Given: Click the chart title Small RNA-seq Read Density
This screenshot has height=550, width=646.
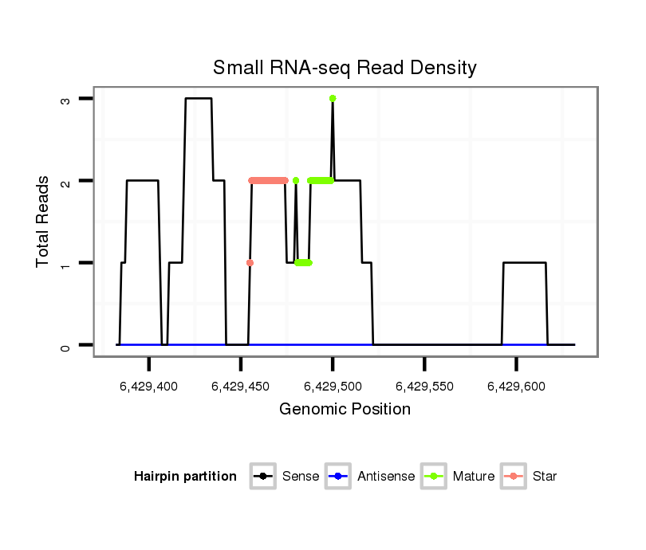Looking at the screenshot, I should [345, 68].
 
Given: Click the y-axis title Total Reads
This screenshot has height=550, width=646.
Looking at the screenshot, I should [43, 222].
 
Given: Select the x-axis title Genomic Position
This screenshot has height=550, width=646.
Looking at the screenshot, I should [345, 410].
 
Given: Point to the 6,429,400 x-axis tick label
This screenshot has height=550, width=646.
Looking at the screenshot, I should [149, 387].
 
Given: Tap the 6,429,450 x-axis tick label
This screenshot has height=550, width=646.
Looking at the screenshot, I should [241, 387].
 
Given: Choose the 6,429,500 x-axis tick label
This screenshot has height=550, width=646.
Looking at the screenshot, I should [333, 387].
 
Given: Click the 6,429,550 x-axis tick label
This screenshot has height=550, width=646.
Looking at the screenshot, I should [424, 387].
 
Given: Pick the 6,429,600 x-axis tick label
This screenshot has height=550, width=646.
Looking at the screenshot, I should [516, 387].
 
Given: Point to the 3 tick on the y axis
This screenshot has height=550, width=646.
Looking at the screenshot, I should [67, 99].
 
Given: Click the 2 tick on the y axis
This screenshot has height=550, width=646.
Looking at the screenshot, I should [67, 181].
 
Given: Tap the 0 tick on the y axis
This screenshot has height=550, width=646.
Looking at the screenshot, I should [67, 346].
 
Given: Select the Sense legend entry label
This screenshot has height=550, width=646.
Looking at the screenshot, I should [301, 477].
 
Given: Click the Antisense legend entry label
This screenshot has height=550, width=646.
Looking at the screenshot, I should [386, 477].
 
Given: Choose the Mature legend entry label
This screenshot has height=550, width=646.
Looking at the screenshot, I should [474, 477].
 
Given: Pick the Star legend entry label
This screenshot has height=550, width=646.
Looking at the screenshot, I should [546, 477].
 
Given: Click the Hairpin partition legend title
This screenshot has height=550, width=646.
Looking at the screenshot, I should [185, 477].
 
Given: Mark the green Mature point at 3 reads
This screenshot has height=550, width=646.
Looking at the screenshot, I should [333, 98].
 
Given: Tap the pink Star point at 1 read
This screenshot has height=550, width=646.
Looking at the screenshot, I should [250, 262].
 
